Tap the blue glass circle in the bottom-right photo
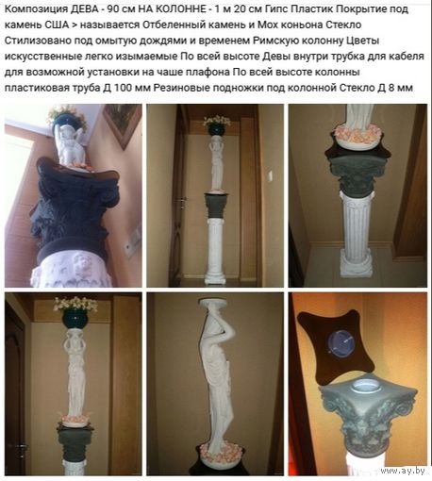342,343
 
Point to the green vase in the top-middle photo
217,130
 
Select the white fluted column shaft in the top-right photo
357,226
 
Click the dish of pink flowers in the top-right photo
358,135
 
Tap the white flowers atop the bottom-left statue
75,305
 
